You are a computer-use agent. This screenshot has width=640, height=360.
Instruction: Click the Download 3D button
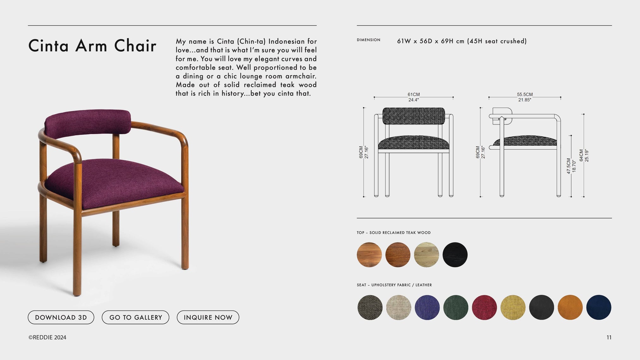pos(61,317)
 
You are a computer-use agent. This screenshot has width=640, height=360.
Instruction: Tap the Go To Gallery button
pos(135,317)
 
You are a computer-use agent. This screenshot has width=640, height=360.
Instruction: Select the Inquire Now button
pos(208,317)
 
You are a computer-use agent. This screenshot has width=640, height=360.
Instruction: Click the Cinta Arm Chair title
pos(92,46)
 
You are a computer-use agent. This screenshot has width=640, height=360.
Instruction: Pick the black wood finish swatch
pos(455,255)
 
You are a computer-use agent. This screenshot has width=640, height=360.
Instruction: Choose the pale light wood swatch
pos(427,255)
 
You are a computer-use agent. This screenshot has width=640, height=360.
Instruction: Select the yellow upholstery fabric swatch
pos(513,308)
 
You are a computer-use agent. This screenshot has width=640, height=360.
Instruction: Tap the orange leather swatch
pos(570,308)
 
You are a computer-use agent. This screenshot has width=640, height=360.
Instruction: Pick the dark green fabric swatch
pos(456,308)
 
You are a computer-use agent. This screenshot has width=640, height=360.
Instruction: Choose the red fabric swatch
pos(484,308)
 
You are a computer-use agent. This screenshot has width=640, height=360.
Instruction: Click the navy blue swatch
pos(599,308)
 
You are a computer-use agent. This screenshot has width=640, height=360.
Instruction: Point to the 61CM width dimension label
pos(414,95)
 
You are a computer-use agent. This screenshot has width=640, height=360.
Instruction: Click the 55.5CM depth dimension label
pos(525,95)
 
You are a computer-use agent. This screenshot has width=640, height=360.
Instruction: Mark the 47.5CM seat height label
pos(569,166)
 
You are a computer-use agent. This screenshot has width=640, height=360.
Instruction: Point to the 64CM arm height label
pos(581,156)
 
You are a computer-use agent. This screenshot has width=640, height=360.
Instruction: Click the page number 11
pos(609,338)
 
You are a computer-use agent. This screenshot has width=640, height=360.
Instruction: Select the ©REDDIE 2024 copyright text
pos(47,338)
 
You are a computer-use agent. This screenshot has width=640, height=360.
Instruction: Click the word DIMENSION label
pos(368,40)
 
